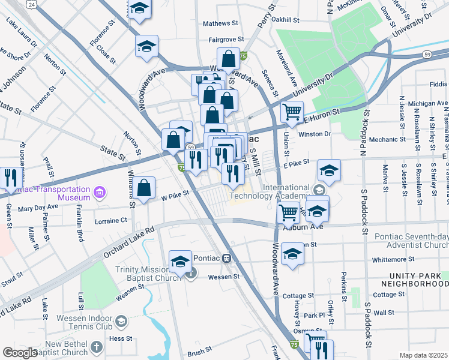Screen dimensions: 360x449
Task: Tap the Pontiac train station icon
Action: pos(226,259)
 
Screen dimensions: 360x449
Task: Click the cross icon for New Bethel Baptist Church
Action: pos(98,347)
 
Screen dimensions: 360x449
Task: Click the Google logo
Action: pos(20,352)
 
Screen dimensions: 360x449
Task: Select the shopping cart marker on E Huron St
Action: pos(292,112)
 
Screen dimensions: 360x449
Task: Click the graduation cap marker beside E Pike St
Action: pos(329,172)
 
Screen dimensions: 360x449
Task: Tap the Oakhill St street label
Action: pos(285,19)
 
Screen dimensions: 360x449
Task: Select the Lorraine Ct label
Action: pos(111,221)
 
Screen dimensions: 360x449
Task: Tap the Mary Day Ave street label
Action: pos(38,207)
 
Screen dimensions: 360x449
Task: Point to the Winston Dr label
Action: pos(315,134)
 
